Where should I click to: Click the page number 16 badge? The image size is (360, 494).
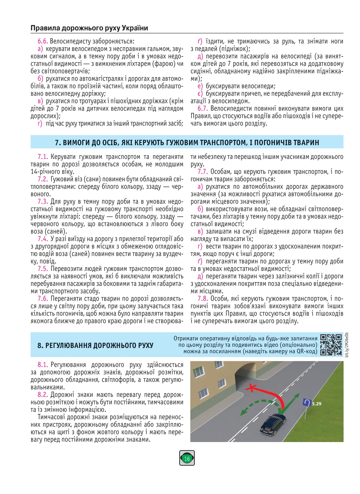tap(187, 458)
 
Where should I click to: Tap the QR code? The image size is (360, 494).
tap(331, 345)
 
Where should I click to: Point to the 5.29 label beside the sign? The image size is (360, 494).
tap(317, 404)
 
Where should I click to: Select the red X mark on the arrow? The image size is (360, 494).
tap(252, 388)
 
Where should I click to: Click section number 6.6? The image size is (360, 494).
tap(43, 41)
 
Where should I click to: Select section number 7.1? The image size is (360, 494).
tap(43, 157)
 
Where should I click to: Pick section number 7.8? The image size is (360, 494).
tap(203, 299)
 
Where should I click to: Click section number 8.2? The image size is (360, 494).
tap(43, 395)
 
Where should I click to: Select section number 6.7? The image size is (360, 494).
tap(203, 108)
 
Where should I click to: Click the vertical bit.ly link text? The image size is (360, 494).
tap(347, 345)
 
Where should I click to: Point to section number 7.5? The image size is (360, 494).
tap(43, 269)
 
